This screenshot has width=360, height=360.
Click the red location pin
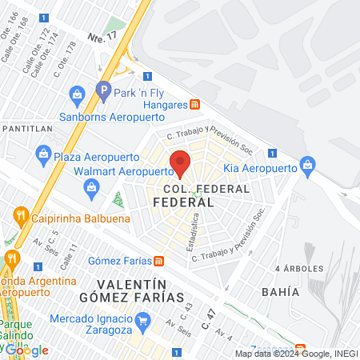(181, 162)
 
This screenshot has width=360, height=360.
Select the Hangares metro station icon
(194, 105)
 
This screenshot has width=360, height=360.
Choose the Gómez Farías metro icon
(159, 261)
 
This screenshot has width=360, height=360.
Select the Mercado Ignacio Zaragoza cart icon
(143, 322)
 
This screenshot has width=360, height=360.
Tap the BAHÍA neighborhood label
(280, 292)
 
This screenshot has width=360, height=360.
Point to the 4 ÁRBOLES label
(298, 268)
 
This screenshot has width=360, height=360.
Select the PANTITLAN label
(28, 128)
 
